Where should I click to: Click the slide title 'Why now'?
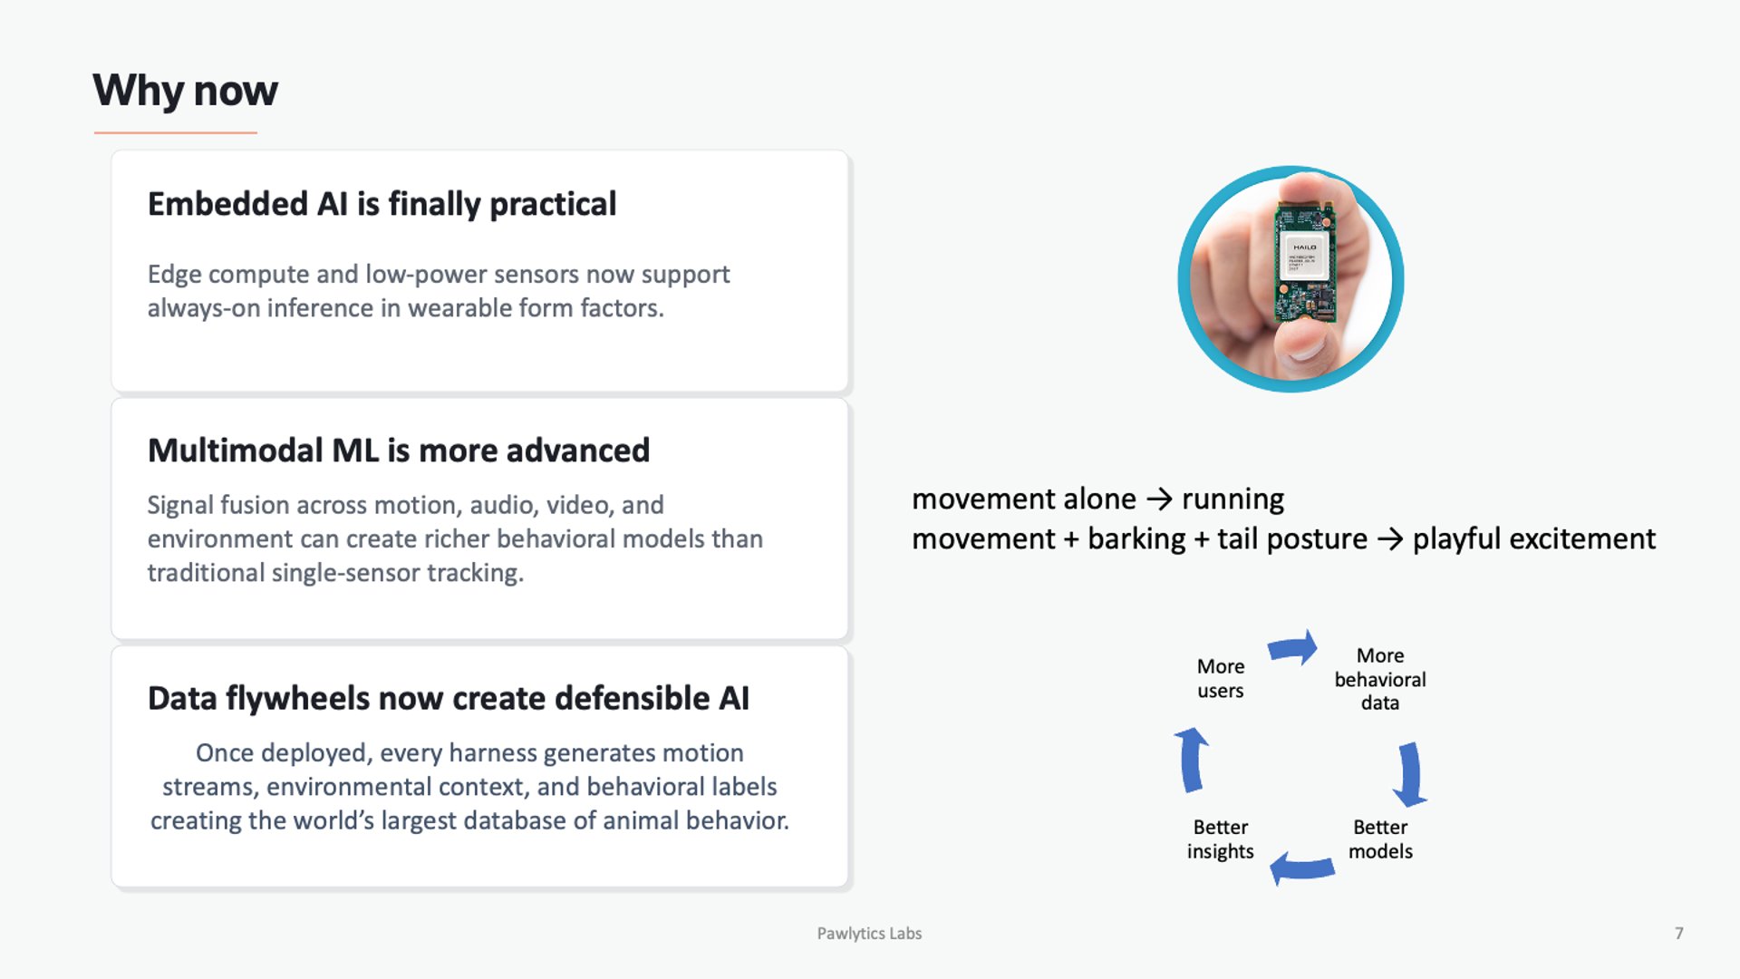185,91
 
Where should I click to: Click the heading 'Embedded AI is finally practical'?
382,204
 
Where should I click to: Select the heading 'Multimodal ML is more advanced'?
398,451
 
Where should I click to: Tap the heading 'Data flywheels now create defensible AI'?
448,699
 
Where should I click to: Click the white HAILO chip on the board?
1304,257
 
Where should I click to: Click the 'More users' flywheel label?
1220,678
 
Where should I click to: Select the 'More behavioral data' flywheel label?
1379,679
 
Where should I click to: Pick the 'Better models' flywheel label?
1379,839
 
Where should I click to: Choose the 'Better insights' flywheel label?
1220,839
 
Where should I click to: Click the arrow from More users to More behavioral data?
1293,647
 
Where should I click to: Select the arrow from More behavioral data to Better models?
1409,774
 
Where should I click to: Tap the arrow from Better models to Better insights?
1301,868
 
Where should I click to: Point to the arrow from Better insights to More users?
1192,760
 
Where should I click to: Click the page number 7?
1678,934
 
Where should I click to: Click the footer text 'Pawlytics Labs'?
869,934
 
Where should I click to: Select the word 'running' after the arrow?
1232,499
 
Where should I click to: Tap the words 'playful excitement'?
1533,539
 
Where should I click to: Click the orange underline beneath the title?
176,133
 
